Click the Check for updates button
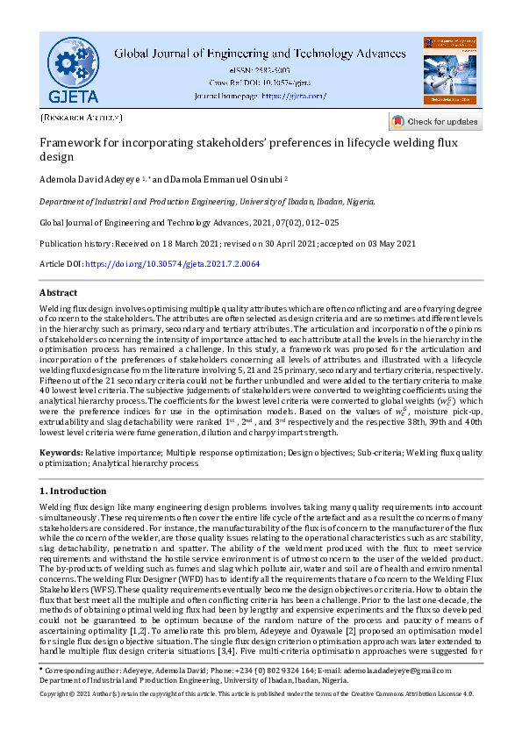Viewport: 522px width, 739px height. coord(435,121)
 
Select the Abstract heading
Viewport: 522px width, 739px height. coord(60,292)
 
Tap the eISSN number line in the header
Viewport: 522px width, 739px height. coord(260,68)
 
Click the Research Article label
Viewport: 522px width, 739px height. coord(82,117)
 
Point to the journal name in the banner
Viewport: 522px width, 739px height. coord(260,52)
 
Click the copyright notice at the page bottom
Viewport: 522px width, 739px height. coord(260,718)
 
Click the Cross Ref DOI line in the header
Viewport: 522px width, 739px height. coord(260,82)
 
